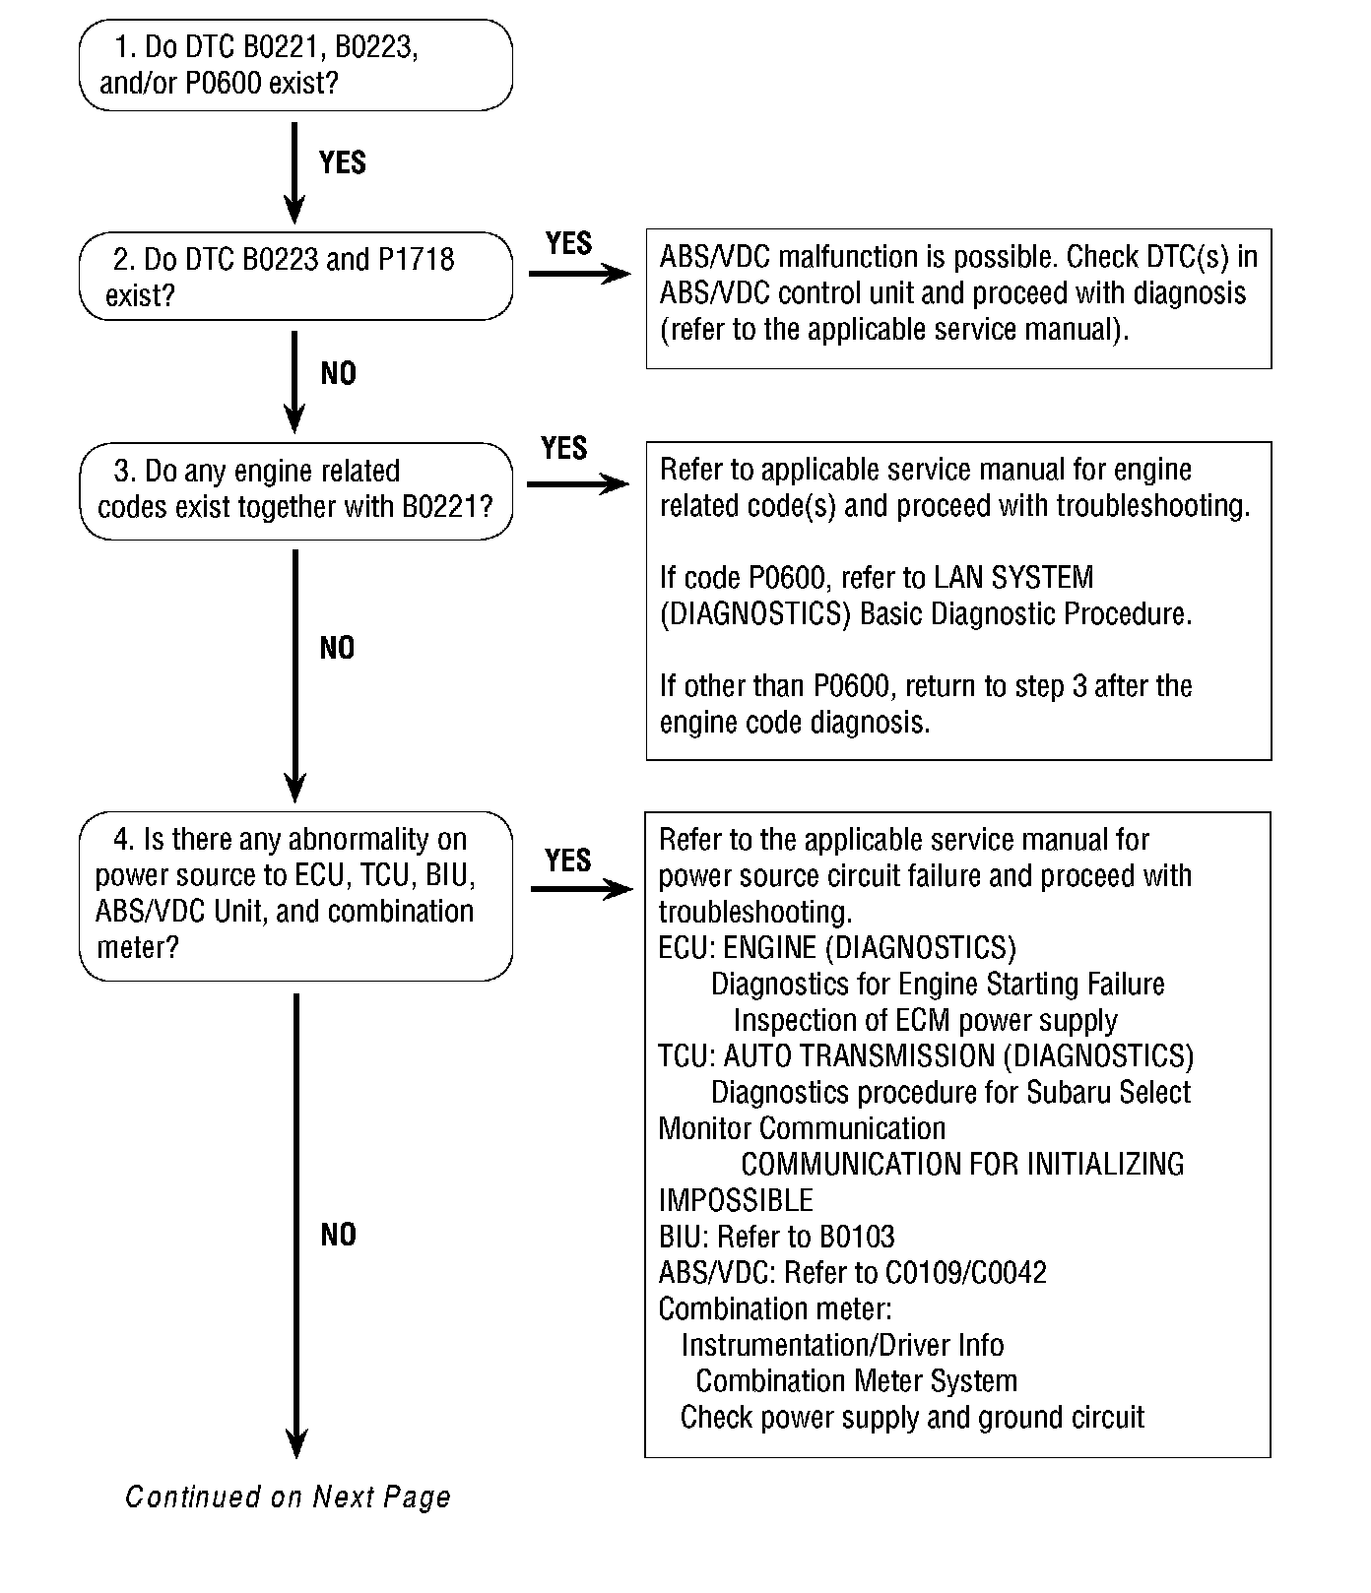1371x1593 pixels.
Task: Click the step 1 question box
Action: pyautogui.click(x=295, y=65)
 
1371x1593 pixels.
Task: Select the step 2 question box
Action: pyautogui.click(x=295, y=277)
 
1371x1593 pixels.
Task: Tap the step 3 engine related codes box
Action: pyautogui.click(x=295, y=490)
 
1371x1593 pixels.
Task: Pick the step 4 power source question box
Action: pyautogui.click(x=295, y=895)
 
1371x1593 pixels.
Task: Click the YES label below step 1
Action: pyautogui.click(x=343, y=162)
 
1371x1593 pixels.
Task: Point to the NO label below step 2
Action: pyautogui.click(x=339, y=374)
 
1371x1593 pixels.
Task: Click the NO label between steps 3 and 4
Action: pyautogui.click(x=337, y=648)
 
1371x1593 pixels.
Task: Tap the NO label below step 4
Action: pyautogui.click(x=339, y=1236)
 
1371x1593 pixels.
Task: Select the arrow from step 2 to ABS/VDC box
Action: pyautogui.click(x=579, y=273)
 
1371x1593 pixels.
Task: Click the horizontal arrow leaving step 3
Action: pyautogui.click(x=578, y=483)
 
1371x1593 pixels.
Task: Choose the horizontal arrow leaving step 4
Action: pyautogui.click(x=581, y=889)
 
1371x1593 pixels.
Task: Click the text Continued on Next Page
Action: pyautogui.click(x=288, y=1497)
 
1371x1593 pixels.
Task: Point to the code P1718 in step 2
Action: pyautogui.click(x=417, y=260)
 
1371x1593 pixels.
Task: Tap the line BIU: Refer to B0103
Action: pyautogui.click(x=776, y=1237)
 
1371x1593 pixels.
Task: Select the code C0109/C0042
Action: pyautogui.click(x=965, y=1273)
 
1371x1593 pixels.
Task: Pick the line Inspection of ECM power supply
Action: pyautogui.click(x=925, y=1020)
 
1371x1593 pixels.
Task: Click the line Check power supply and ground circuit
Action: pyautogui.click(x=912, y=1418)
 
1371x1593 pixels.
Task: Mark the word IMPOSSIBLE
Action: pyautogui.click(x=736, y=1201)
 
